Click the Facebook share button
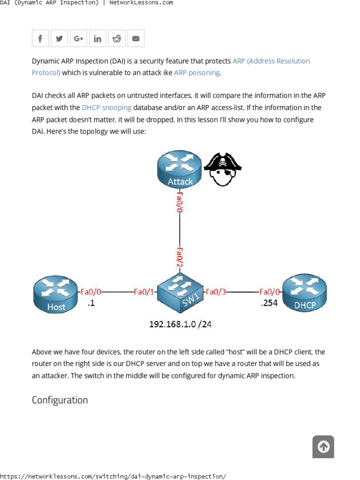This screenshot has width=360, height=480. pos(40,38)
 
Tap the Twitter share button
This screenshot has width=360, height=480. pos(60,38)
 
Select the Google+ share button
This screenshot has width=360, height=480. pos(79,38)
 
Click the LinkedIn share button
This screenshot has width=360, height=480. pos(97,38)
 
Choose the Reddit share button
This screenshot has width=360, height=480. pos(117,38)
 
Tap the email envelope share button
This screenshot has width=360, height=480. pos(136,38)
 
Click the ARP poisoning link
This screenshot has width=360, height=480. pos(197,73)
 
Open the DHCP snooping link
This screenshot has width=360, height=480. pos(106,107)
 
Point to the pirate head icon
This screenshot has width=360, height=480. pos(223,169)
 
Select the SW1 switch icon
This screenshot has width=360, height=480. pos(180,292)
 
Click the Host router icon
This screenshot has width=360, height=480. pos(55,294)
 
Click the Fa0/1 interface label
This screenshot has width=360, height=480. pos(144,292)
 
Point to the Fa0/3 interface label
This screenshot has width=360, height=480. pos(216,292)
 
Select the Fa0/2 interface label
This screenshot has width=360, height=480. pos(180,257)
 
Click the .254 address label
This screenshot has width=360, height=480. pos(269,303)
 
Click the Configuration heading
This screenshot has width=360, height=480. pos(60,400)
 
